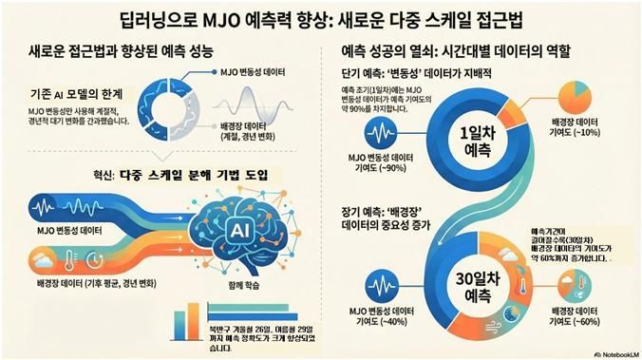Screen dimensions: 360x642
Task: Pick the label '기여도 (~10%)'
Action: pyautogui.click(x=576, y=133)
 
